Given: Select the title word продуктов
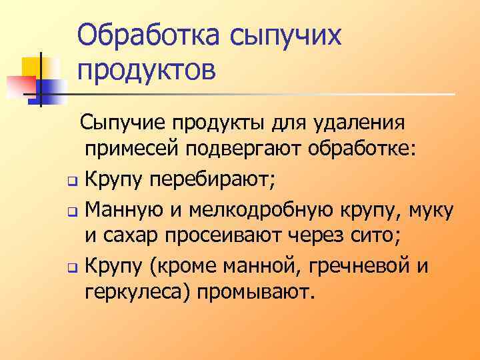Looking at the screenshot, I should click(x=147, y=69).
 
